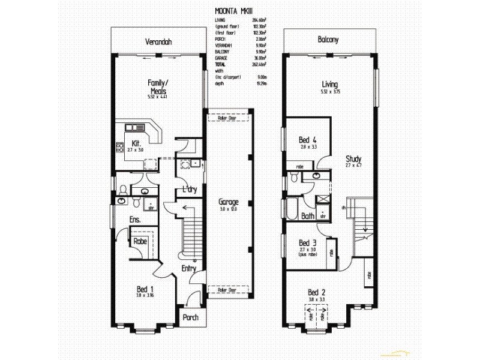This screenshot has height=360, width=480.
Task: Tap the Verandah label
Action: [158, 42]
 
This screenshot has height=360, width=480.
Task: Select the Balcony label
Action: [328, 40]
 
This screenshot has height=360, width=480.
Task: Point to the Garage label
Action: [229, 202]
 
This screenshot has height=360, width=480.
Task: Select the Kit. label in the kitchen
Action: [136, 143]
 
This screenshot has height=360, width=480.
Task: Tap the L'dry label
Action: [190, 190]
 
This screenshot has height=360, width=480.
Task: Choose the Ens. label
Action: [135, 220]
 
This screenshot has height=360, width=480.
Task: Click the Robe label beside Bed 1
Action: [140, 241]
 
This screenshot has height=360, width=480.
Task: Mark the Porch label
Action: [190, 318]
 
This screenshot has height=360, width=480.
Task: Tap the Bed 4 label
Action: [307, 140]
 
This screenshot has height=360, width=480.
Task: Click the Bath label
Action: [308, 216]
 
